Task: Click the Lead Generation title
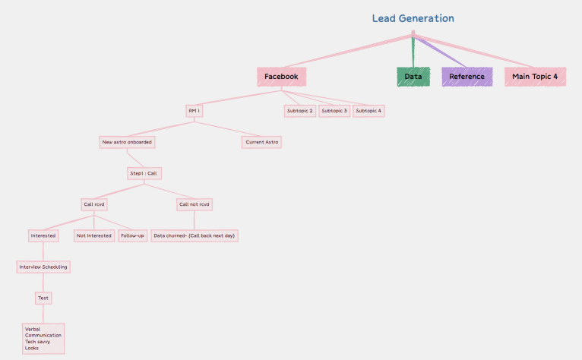413,18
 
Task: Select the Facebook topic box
281,77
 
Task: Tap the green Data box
413,77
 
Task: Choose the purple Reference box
467,77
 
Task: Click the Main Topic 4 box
535,77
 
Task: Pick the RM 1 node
194,111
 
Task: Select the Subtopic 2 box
299,111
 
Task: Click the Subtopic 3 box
334,111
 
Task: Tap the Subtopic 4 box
369,111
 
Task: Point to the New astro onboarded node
127,142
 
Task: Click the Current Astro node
262,142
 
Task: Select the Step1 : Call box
143,173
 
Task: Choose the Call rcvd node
93,204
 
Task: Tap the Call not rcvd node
195,204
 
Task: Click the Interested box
43,235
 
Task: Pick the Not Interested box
93,235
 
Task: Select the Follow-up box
132,235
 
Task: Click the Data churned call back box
195,235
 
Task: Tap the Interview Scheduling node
43,267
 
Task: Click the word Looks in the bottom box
32,349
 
